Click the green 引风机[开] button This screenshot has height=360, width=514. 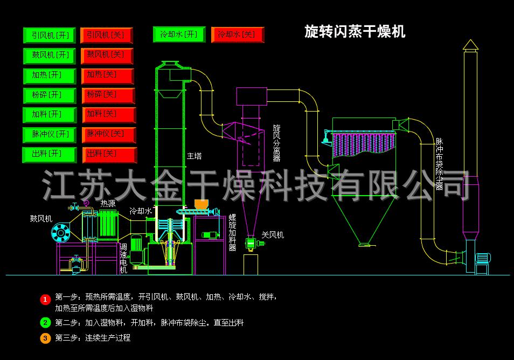[50, 36]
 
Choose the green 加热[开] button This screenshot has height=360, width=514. [50, 75]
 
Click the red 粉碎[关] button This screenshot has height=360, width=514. [108, 95]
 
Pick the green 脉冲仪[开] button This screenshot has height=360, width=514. [50, 134]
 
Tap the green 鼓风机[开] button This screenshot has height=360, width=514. [50, 56]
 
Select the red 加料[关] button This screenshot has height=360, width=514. [108, 115]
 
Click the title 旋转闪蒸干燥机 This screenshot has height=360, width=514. [355, 32]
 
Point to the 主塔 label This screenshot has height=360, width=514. [195, 156]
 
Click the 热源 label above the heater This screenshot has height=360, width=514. [108, 204]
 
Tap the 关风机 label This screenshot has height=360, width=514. [273, 235]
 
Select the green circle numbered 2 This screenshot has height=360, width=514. [45, 323]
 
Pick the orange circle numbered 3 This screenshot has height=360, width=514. [45, 338]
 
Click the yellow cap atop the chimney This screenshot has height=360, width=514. [470, 44]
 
